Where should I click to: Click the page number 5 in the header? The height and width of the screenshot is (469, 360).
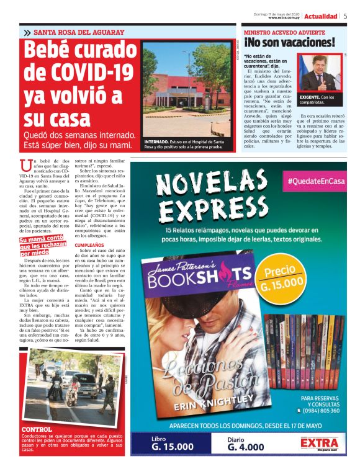pos(345,17)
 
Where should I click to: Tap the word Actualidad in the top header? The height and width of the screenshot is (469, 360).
pos(321,17)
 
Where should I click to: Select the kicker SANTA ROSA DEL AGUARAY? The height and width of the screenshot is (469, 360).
pos(79,32)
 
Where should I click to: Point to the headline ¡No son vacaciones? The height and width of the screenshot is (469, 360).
pos(289,43)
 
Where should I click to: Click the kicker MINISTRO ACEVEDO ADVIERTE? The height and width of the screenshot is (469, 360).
pos(284,32)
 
